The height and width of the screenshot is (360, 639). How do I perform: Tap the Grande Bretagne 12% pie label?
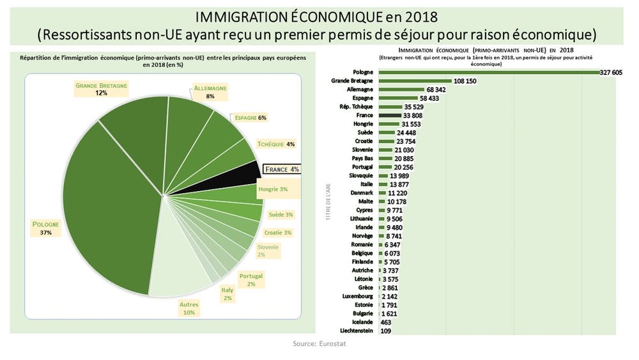[102, 89]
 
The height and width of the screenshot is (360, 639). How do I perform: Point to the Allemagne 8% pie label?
[210, 91]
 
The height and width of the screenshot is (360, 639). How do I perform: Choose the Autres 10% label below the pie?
[189, 308]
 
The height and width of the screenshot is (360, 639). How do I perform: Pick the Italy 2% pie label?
[227, 293]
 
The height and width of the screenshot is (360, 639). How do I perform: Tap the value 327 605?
[611, 73]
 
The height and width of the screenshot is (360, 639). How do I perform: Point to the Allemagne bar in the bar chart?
[402, 90]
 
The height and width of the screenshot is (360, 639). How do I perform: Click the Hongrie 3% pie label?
[273, 189]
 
